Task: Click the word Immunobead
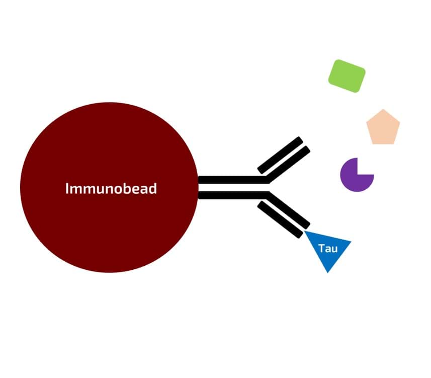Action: tap(111, 189)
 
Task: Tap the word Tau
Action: tap(327, 248)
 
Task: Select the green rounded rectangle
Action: tap(347, 76)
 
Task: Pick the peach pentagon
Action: tap(383, 128)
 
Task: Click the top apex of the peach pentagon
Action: tap(383, 110)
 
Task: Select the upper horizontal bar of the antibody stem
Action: tap(231, 180)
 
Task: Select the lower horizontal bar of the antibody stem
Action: tap(231, 195)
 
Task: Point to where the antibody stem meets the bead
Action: tap(199, 187)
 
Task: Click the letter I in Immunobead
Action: tap(67, 189)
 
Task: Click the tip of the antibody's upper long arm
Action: tap(306, 149)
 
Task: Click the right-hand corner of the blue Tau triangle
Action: tap(350, 242)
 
